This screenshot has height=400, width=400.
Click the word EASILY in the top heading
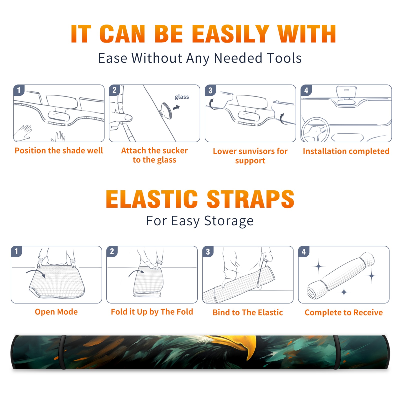230,34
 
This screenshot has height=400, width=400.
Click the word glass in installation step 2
182,97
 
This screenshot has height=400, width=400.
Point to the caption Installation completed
346,151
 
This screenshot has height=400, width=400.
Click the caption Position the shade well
59,150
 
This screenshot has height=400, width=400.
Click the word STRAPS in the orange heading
250,199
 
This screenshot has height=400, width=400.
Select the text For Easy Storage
200,221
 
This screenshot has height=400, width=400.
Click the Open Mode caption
56,312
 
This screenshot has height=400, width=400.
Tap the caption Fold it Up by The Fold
152,312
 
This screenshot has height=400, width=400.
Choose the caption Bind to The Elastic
248,312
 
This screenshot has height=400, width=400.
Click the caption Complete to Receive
344,312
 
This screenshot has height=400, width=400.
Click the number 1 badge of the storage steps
16,251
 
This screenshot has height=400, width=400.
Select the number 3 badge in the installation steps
210,90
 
